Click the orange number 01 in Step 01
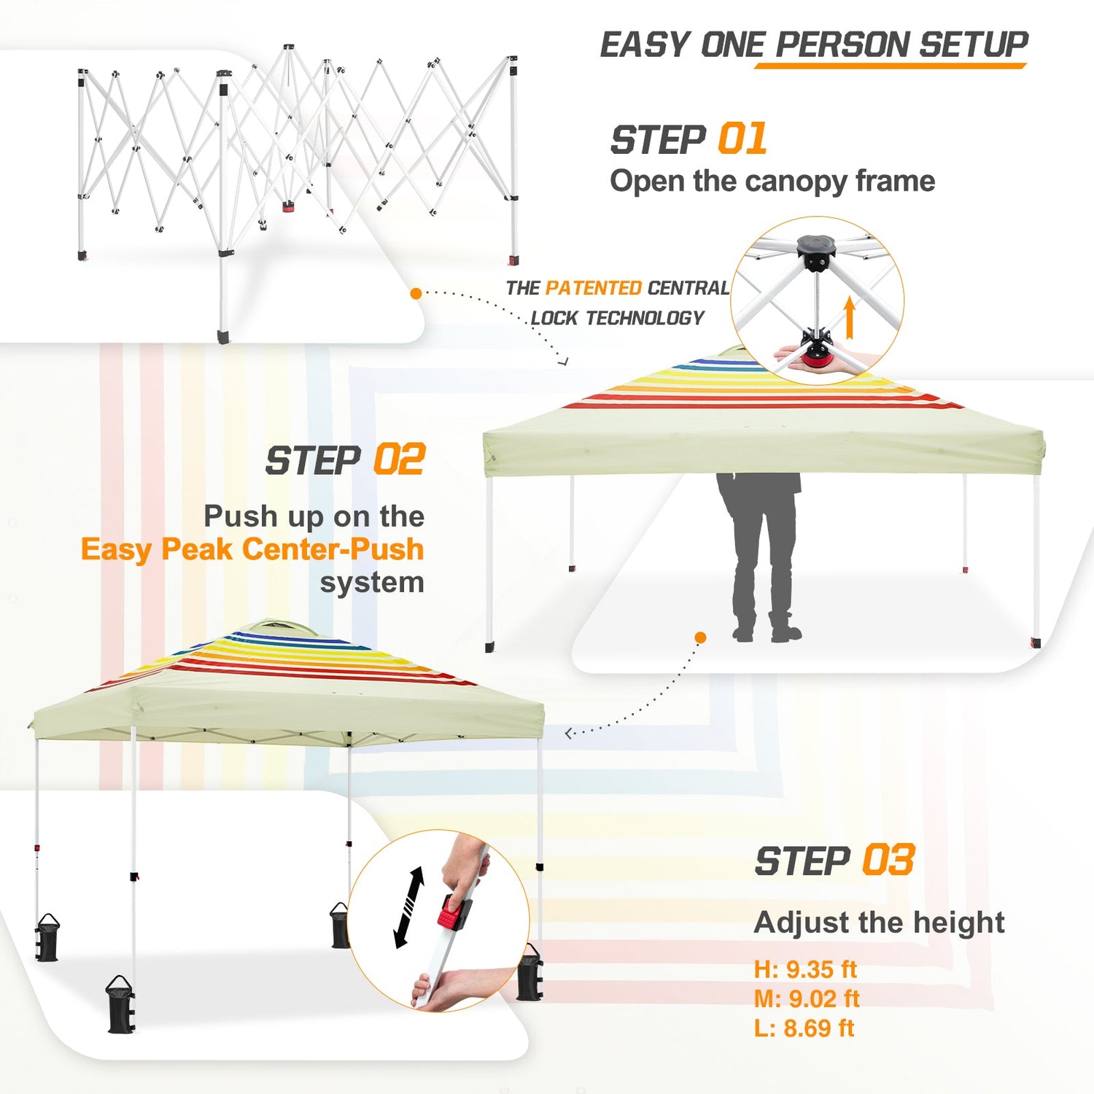tap(742, 139)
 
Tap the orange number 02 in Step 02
tap(399, 459)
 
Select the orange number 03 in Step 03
tap(888, 860)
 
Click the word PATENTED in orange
tap(594, 288)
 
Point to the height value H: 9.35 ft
tap(805, 969)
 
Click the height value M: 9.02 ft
tap(807, 998)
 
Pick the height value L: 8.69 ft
tap(804, 1028)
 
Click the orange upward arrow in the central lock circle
tap(849, 318)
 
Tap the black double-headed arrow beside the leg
tap(408, 907)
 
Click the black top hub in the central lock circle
tap(818, 252)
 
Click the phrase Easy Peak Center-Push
tap(252, 549)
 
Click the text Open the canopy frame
tap(772, 181)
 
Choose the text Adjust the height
tap(880, 923)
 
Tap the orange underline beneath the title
tap(891, 66)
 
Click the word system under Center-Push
tap(372, 583)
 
